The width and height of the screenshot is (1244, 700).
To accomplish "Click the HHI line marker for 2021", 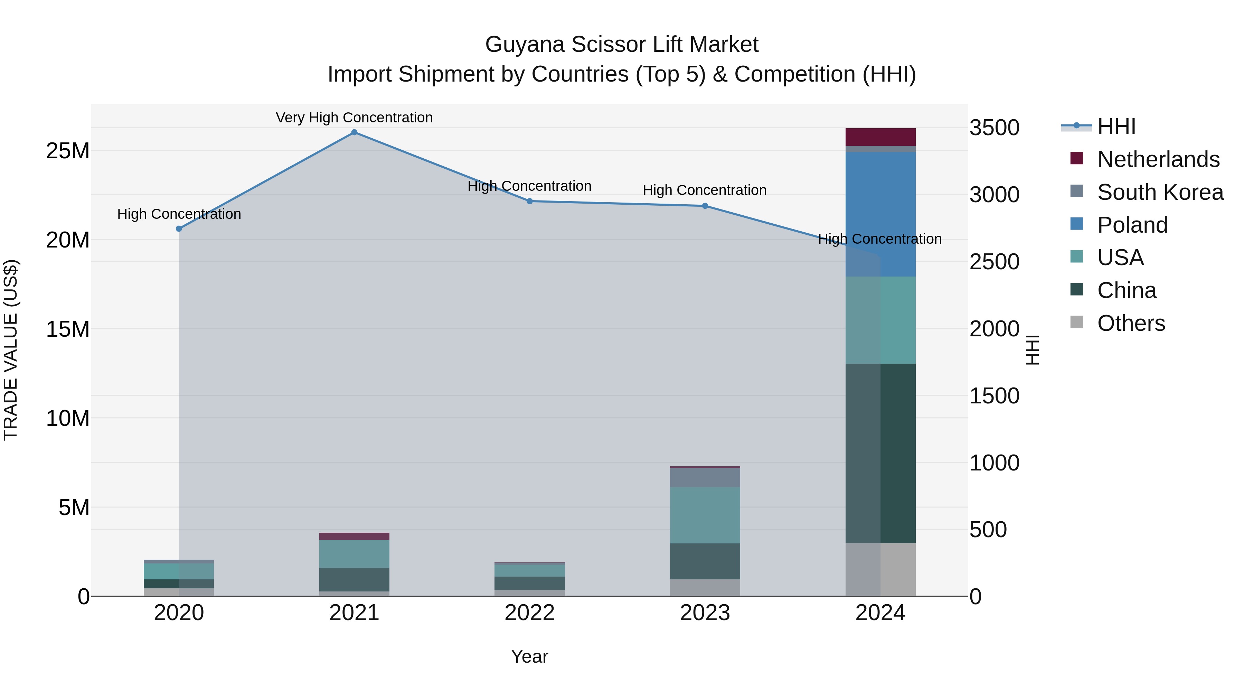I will (x=354, y=132).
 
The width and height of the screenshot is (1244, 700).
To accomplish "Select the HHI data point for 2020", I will (x=179, y=228).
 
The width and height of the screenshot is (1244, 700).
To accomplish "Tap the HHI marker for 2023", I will (x=705, y=206).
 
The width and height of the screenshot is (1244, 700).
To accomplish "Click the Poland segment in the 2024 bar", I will (x=880, y=214).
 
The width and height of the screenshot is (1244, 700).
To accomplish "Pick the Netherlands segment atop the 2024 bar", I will (x=880, y=137).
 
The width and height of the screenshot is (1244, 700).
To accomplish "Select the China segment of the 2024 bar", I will (x=880, y=453).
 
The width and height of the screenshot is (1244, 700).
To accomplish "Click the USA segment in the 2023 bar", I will (x=705, y=515).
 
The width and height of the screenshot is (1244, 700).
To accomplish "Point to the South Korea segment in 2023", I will (x=705, y=477).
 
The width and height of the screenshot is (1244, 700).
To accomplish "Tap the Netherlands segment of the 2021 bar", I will (x=354, y=536).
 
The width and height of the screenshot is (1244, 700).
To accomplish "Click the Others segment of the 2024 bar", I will (x=880, y=570).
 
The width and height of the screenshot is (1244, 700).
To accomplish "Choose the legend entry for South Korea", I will (x=1160, y=192).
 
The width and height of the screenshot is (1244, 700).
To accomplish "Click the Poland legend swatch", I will (x=1076, y=224).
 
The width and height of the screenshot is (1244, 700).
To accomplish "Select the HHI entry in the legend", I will (x=1116, y=127).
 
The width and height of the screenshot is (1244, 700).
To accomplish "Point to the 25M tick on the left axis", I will (x=68, y=151).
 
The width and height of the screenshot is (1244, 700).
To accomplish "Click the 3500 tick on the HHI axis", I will (x=994, y=128).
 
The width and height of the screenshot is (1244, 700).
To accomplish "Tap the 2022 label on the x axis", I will (x=529, y=613).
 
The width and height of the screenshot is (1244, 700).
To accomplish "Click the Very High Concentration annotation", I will (x=354, y=118).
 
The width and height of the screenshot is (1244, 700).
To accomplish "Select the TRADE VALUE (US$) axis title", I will (x=11, y=350).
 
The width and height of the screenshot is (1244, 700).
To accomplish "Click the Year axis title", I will (x=529, y=656).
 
